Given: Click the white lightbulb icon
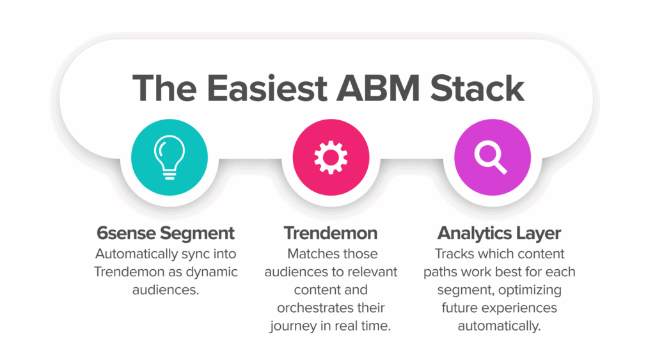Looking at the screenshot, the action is click(169, 157).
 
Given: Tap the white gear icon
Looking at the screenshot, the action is click(331, 157).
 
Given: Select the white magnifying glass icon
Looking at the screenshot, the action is click(491, 157).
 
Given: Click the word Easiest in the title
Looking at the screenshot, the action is click(267, 88).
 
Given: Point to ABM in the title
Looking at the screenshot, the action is click(378, 88).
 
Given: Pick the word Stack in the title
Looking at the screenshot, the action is click(477, 88).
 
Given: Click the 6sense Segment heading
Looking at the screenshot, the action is click(166, 233).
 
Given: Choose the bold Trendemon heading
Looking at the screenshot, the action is click(331, 233).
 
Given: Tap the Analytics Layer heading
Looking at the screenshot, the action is click(499, 233).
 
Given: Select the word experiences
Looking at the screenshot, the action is click(523, 308).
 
